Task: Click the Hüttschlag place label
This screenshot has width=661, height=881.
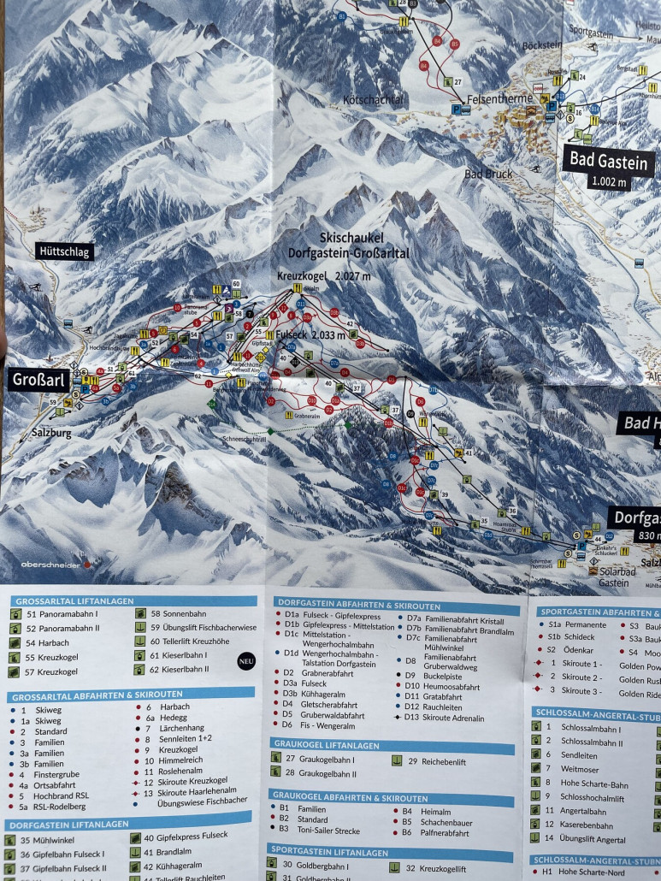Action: point(63,251)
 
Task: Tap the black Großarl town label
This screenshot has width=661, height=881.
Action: point(38,381)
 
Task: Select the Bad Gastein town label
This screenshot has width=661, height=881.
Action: point(608,158)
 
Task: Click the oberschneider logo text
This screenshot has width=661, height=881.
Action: point(51,565)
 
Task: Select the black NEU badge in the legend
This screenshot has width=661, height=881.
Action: point(246,659)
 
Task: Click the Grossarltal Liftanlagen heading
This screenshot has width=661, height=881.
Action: point(66,602)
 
